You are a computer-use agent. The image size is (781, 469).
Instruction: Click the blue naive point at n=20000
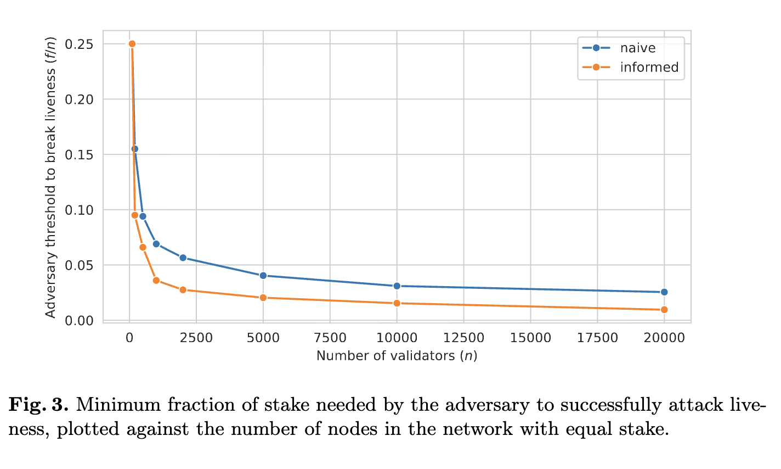[x=664, y=292]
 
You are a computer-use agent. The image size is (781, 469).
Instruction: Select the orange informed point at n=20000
[x=664, y=310]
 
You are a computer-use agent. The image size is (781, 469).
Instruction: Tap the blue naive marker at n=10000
[x=397, y=286]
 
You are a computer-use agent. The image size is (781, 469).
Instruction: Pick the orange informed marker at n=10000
[x=397, y=303]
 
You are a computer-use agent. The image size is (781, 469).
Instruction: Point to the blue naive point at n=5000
[x=263, y=276]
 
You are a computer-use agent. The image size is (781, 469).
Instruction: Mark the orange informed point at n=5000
[x=263, y=298]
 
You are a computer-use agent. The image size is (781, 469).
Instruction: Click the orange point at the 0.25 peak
[x=132, y=44]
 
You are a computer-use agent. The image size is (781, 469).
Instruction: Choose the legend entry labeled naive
[x=638, y=48]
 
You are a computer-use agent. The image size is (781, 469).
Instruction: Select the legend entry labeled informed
[x=649, y=67]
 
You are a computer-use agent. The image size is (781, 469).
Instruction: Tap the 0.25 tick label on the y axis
[x=79, y=44]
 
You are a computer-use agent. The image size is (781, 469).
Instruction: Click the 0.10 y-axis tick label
[x=79, y=210]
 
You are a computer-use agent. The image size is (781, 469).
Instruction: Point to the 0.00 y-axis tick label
[x=79, y=321]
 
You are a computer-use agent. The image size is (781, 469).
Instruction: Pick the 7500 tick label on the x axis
[x=330, y=338]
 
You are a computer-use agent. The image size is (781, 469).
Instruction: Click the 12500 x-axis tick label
[x=463, y=338]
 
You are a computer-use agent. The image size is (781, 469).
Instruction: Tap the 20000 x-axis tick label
[x=664, y=338]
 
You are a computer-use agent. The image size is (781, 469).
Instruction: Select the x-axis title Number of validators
[x=397, y=356]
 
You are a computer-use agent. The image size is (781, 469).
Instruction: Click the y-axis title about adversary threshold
[x=50, y=177]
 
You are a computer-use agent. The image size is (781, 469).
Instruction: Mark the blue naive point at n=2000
[x=183, y=258]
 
